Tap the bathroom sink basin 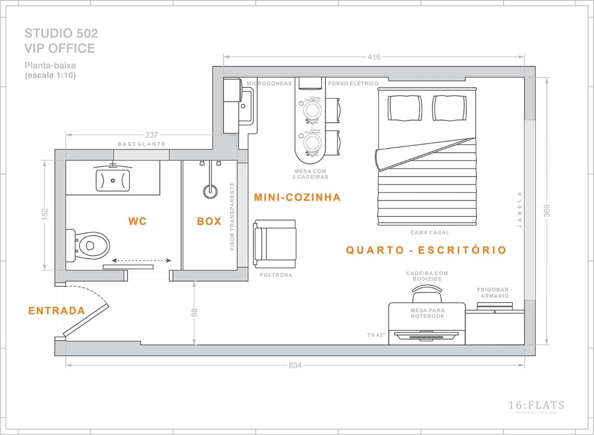pos(113,180)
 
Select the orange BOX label pos(209,221)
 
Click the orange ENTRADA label pos(57,311)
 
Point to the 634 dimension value pos(295,366)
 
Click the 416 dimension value pos(374,57)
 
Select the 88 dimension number pos(194,312)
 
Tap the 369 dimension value pos(547,211)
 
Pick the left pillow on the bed pos(405,108)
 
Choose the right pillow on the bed pos(450,108)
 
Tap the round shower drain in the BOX pos(210,191)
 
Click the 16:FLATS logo pos(536,406)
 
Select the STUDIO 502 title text pos(61,33)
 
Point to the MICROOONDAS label pos(269,84)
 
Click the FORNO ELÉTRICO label pos(353,84)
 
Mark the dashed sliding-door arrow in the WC pos(141,260)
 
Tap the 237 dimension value pos(152,135)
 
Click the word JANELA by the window pos(520,210)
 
